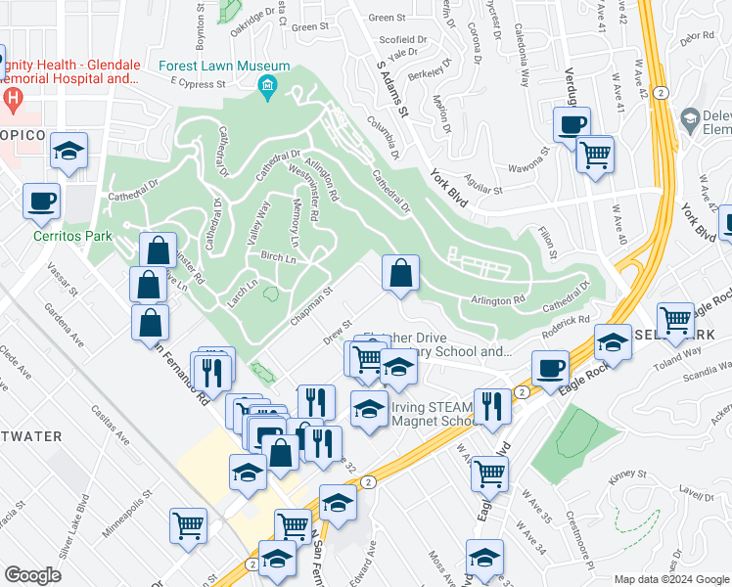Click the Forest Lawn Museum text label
(x=231, y=67)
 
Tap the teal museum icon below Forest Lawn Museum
(x=267, y=89)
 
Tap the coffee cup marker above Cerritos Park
(x=42, y=202)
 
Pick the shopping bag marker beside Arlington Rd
(x=400, y=273)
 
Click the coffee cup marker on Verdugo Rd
(x=572, y=125)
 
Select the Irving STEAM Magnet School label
(x=433, y=414)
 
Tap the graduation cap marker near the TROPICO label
(x=69, y=151)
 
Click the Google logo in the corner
(x=32, y=576)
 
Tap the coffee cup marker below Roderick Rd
(x=551, y=369)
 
